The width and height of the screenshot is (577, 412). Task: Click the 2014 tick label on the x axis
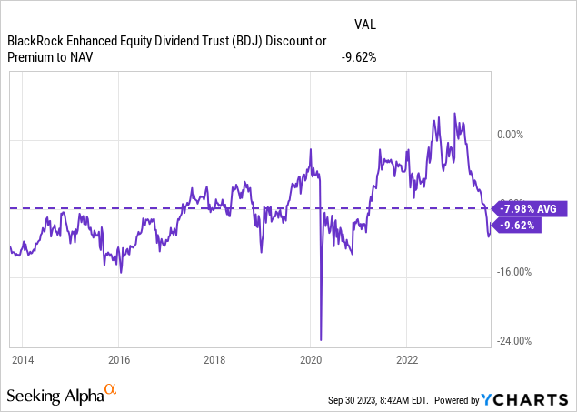[x=23, y=360]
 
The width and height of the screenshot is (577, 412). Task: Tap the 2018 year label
[x=214, y=360]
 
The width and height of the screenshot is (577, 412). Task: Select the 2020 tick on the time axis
[x=311, y=360]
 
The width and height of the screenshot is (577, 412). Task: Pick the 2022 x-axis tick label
[x=406, y=360]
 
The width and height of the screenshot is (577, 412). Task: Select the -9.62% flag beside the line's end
[x=517, y=226]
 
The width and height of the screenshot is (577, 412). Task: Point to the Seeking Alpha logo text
[x=54, y=397]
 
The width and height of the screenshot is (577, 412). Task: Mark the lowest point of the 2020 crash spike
[x=322, y=339]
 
